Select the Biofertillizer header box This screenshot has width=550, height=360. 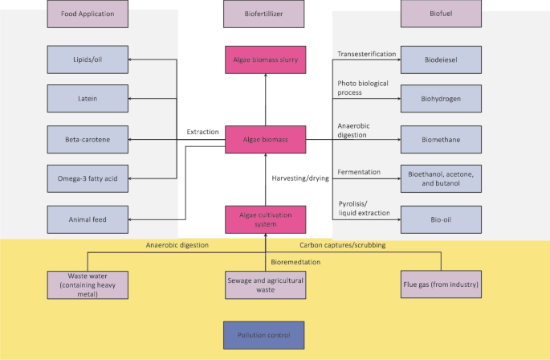click(264, 14)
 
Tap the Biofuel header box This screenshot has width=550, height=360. click(441, 14)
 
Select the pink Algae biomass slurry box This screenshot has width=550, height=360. click(264, 59)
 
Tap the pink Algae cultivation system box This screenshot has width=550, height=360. click(264, 219)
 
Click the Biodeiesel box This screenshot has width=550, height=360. click(441, 59)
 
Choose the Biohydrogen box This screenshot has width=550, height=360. click(441, 99)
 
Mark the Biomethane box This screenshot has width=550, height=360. click(441, 139)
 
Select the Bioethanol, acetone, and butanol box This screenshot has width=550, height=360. click(441, 178)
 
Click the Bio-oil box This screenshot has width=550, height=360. click(441, 219)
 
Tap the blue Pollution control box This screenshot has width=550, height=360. click(264, 334)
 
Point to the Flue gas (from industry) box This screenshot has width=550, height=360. click(441, 284)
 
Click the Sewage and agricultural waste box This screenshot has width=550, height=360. click(264, 284)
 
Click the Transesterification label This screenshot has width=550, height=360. click(367, 54)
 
